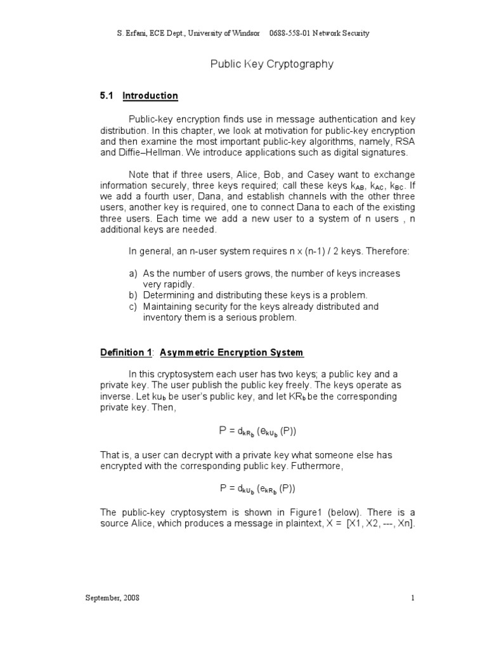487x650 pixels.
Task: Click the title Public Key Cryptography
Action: click(x=271, y=64)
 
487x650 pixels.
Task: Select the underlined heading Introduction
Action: click(x=150, y=96)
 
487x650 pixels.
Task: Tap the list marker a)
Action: click(x=133, y=273)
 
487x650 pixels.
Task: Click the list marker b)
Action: click(x=133, y=295)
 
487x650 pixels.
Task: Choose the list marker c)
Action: click(x=133, y=307)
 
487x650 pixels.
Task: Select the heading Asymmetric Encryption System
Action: click(x=231, y=352)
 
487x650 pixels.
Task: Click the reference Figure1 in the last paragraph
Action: click(x=292, y=511)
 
